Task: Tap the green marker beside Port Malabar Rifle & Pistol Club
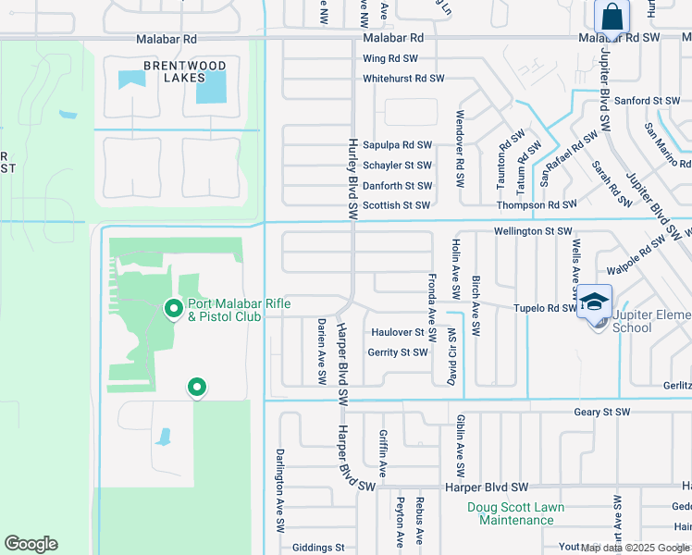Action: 172,309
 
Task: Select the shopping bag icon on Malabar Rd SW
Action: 612,17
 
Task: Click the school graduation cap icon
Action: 593,303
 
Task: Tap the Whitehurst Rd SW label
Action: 403,80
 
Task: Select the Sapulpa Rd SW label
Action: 398,145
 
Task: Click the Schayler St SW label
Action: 398,166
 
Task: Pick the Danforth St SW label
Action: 398,186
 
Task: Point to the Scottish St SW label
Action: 396,205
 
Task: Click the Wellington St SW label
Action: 534,231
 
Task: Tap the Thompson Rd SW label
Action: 537,205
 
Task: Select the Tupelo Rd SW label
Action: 545,308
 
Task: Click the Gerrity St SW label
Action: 398,352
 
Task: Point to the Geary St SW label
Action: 601,412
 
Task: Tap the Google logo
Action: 31,544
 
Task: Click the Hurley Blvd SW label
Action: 352,179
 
